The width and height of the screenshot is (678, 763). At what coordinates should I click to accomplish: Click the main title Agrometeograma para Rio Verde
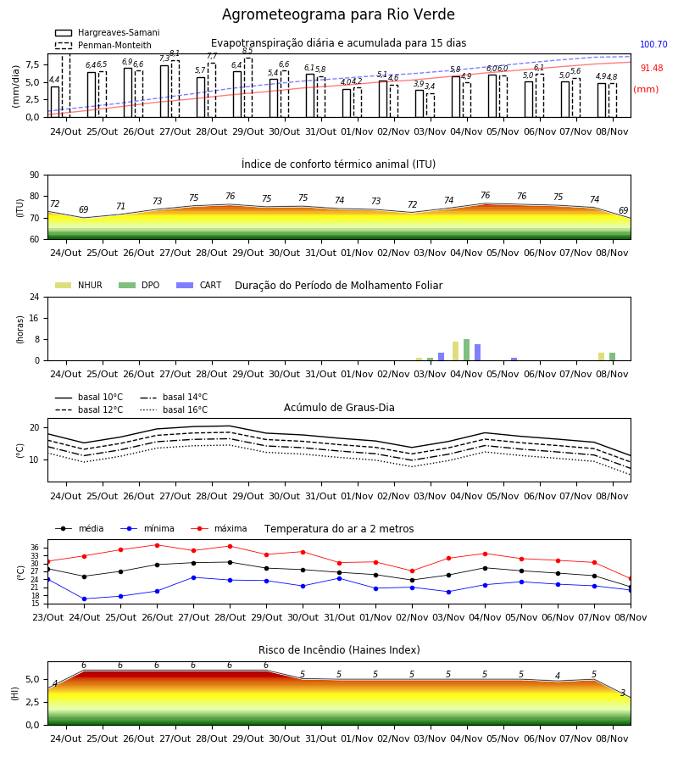[x=338, y=14]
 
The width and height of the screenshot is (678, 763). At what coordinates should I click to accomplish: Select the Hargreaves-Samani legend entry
[x=108, y=32]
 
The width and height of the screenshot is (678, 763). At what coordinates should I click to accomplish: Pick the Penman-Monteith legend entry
[x=103, y=45]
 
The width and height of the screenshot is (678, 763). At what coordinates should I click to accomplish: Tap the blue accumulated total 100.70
[x=653, y=44]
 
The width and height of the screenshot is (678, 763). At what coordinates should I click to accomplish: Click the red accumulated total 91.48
[x=652, y=68]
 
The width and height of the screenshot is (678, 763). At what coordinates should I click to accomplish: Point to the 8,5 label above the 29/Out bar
[x=247, y=51]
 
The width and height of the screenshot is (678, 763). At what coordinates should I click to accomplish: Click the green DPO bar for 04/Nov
[x=466, y=350]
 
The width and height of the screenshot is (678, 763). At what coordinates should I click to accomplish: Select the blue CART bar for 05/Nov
[x=514, y=359]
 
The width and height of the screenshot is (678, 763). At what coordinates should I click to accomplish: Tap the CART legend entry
[x=199, y=285]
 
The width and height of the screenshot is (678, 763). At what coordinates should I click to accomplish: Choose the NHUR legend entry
[x=79, y=285]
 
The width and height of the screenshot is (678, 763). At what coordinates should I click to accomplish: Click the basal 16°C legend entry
[x=174, y=409]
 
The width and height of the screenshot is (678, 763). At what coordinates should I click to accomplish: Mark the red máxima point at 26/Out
[x=157, y=545]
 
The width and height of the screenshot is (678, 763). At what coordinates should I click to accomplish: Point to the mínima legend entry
[x=150, y=528]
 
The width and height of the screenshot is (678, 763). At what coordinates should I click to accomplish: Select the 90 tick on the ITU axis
[x=35, y=175]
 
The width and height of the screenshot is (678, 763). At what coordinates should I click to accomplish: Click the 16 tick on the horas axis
[x=35, y=318]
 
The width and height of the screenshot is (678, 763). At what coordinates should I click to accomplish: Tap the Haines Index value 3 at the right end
[x=623, y=693]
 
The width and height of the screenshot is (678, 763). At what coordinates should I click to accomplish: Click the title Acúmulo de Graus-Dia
[x=339, y=407]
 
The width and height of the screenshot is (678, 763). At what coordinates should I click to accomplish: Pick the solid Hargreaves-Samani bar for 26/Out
[x=128, y=92]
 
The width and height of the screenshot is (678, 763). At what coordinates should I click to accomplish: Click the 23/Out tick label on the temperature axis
[x=47, y=617]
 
